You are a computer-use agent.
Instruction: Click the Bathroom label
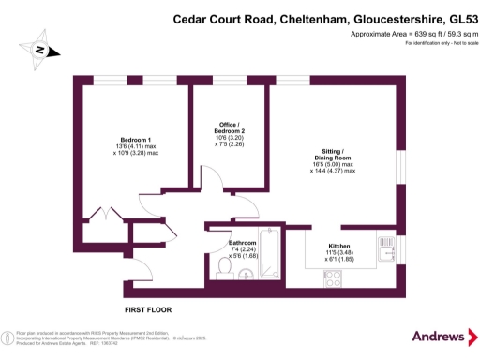point(243,243)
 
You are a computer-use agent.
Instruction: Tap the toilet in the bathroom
point(223,268)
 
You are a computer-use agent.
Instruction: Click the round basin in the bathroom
point(245,274)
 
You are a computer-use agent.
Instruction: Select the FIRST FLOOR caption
point(149,308)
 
